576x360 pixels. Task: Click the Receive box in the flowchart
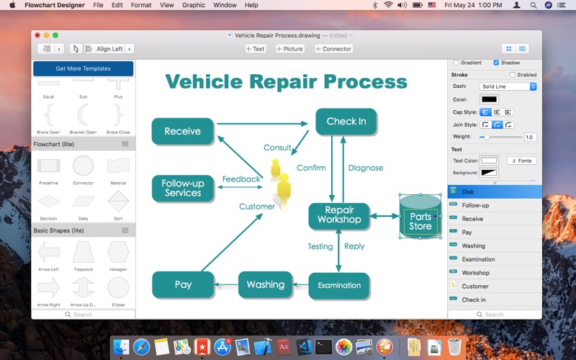(x=183, y=131)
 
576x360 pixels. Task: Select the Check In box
(x=346, y=121)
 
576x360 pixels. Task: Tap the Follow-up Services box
(x=183, y=188)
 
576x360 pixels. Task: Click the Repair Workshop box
(x=339, y=215)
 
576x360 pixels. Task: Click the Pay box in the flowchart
(x=183, y=284)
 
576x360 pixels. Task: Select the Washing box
(x=265, y=284)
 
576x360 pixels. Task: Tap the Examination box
(x=339, y=285)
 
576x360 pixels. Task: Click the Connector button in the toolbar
(x=333, y=49)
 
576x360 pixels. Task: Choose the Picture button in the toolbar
(x=289, y=49)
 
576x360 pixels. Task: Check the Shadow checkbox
(x=496, y=63)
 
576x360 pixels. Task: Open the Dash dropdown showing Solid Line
(x=508, y=86)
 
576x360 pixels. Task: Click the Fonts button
(x=521, y=161)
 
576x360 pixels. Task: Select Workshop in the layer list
(x=475, y=273)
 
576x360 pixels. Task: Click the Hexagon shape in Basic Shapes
(x=118, y=251)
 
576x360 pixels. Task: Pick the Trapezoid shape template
(x=83, y=251)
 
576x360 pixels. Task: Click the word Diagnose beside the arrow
(x=366, y=168)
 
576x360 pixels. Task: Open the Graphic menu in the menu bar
(x=193, y=5)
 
